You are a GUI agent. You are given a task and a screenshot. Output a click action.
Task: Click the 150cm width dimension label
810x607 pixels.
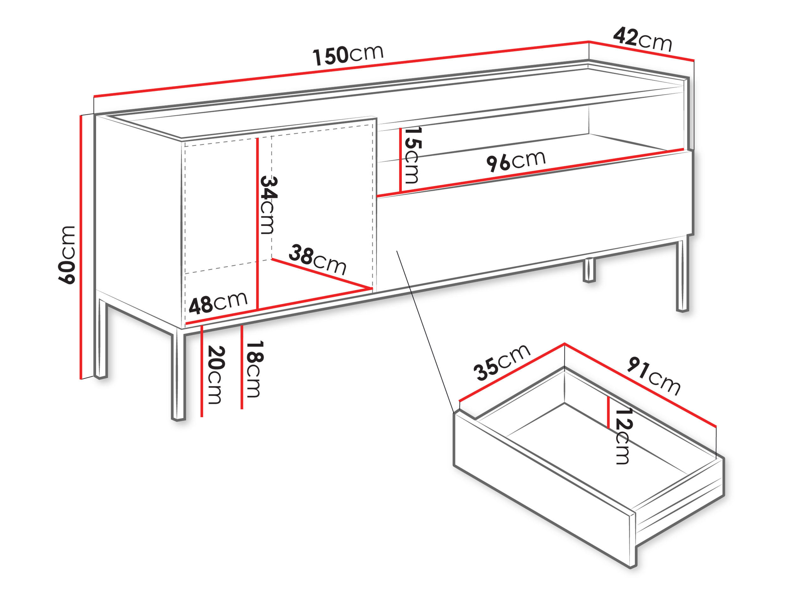coord(348,55)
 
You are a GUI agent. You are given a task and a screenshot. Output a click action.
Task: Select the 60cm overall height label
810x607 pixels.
coord(67,255)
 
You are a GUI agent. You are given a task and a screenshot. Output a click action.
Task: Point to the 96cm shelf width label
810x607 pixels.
coord(516,161)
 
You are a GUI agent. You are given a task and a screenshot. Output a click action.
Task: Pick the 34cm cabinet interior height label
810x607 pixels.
coord(268,205)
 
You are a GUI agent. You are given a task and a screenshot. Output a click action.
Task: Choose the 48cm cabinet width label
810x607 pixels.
coord(218,303)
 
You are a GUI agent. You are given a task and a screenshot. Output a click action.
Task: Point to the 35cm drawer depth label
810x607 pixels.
coord(502,362)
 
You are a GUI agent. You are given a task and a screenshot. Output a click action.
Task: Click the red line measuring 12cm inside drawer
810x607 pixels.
coord(608,412)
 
